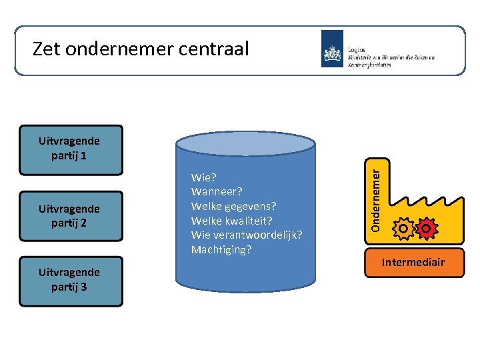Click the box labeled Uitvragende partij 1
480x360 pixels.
tap(71, 149)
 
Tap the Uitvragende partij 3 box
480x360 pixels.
tap(71, 281)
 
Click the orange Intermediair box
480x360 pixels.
tap(413, 263)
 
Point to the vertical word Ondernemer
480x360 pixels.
tap(376, 199)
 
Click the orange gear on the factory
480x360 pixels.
tap(403, 229)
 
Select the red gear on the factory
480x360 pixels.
tap(426, 229)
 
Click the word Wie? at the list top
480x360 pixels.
tap(203, 178)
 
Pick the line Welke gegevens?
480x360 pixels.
tap(233, 207)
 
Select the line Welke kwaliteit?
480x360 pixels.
tap(231, 221)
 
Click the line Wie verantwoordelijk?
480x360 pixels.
tap(247, 235)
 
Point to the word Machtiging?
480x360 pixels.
tap(221, 250)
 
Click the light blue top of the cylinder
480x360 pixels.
tap(245, 143)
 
